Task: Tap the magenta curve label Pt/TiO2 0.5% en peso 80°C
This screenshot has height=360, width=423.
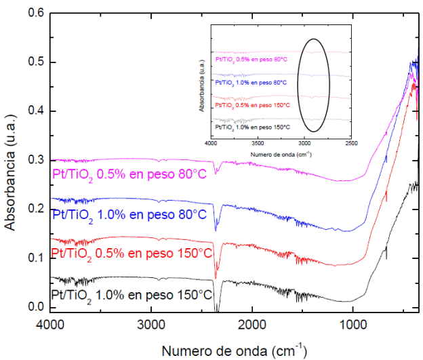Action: (129, 174)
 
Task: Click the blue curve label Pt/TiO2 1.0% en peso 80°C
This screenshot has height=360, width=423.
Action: (129, 214)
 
